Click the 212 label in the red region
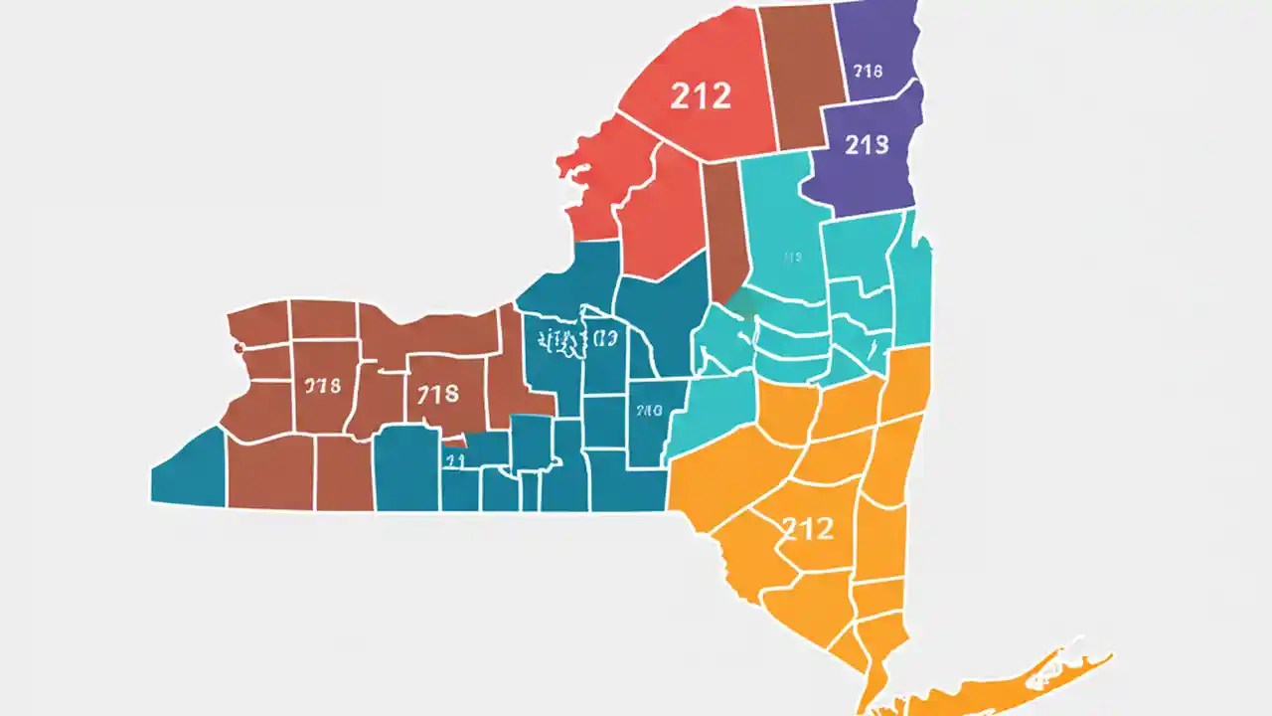coord(701,95)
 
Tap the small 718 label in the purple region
coord(868,71)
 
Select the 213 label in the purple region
coord(866,145)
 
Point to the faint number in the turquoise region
coord(792,258)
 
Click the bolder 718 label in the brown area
coord(437,394)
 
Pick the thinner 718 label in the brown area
coord(322,386)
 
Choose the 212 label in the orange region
coord(807,527)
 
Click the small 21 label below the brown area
coord(454,460)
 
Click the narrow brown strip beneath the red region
coord(723,234)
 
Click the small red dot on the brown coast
coord(238,348)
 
